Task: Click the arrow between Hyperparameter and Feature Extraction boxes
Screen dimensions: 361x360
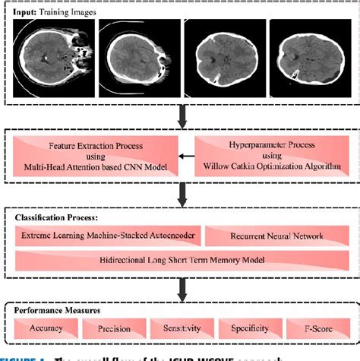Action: [185, 157]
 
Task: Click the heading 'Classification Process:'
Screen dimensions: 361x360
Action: [57, 217]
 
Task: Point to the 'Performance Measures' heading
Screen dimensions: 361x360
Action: [59, 310]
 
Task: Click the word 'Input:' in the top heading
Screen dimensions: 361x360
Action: [30, 9]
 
